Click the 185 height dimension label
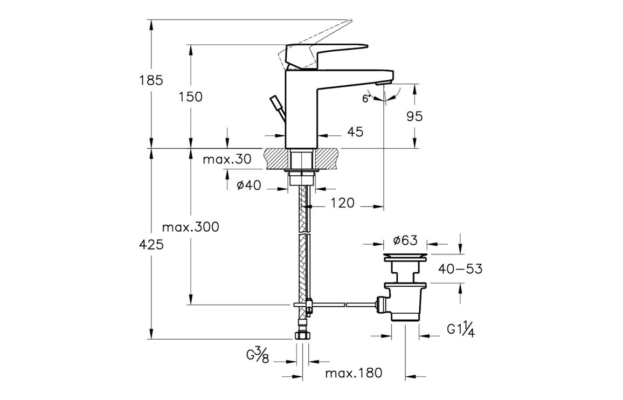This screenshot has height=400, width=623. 151,81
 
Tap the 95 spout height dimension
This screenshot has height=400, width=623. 415,116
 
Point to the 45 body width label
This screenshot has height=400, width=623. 356,132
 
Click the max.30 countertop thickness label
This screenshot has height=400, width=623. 227,160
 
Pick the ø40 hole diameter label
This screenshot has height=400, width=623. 248,185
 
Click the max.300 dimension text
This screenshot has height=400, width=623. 191,227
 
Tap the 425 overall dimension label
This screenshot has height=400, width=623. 151,245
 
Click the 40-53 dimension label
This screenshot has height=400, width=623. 460,268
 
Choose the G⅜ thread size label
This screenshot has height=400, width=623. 258,356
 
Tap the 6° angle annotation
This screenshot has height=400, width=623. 366,99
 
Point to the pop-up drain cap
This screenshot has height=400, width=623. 405,255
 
